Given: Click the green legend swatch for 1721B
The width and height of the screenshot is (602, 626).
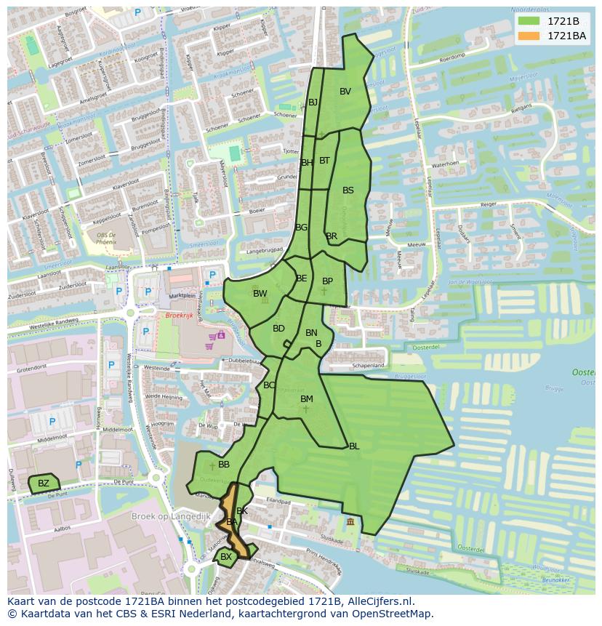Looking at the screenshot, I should click(529, 21).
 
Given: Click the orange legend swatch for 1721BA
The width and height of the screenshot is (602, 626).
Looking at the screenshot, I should click(529, 36).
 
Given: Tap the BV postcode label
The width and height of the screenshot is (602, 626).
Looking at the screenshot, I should click(345, 92).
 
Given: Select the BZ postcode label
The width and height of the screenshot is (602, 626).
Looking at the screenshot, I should click(44, 483).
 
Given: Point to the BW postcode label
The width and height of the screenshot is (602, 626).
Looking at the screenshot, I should click(260, 294).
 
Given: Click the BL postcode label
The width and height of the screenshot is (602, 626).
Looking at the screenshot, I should click(354, 446).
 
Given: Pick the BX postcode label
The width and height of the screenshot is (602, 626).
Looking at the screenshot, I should click(226, 557).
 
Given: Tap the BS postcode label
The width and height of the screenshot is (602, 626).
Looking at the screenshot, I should click(348, 190).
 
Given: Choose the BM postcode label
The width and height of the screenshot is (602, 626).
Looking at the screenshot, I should click(307, 399).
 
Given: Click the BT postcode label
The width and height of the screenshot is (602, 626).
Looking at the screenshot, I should click(324, 161).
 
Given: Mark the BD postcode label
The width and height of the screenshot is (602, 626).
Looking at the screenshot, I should click(278, 329).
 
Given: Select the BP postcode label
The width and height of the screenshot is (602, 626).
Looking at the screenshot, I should click(327, 281).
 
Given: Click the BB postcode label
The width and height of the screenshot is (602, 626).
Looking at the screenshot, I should click(224, 465).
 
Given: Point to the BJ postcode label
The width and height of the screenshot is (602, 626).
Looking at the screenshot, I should click(313, 103).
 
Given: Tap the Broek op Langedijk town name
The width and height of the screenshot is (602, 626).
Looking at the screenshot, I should click(171, 516).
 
